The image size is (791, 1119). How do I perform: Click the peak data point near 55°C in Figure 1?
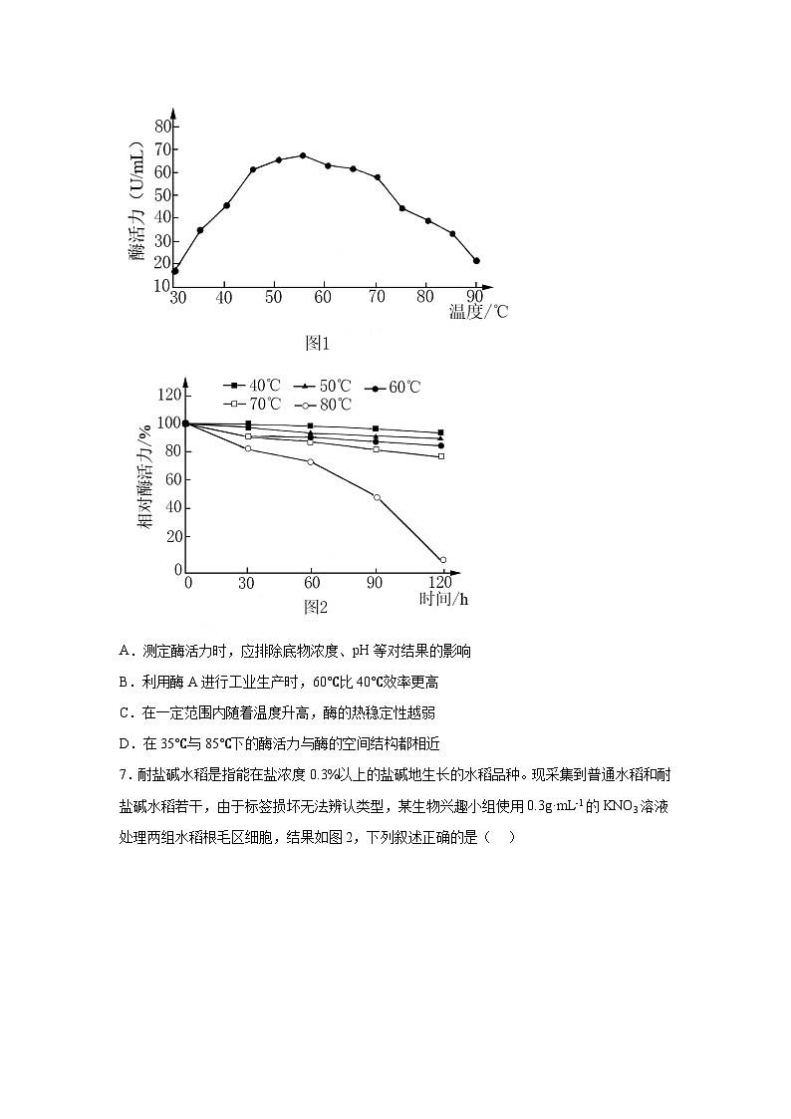tap(303, 155)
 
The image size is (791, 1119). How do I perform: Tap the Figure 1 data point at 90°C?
tap(476, 261)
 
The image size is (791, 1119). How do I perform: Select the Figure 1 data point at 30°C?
tap(175, 271)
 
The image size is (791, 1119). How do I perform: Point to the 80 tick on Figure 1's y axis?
tap(162, 127)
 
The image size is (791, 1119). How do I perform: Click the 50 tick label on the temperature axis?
tap(274, 298)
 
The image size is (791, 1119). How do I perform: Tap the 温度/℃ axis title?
tap(478, 311)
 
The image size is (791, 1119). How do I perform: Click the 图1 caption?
tap(316, 343)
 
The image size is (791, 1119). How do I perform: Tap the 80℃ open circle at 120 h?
tap(442, 560)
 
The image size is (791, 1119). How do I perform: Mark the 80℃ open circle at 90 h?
tap(377, 496)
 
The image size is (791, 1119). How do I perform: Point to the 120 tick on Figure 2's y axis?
tap(168, 396)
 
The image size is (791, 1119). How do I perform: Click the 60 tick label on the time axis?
tap(311, 582)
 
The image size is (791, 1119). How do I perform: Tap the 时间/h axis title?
tap(443, 599)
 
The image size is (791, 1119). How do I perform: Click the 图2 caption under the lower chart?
tap(316, 606)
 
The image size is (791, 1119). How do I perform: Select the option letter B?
tap(125, 683)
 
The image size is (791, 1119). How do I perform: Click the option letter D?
tap(125, 743)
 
